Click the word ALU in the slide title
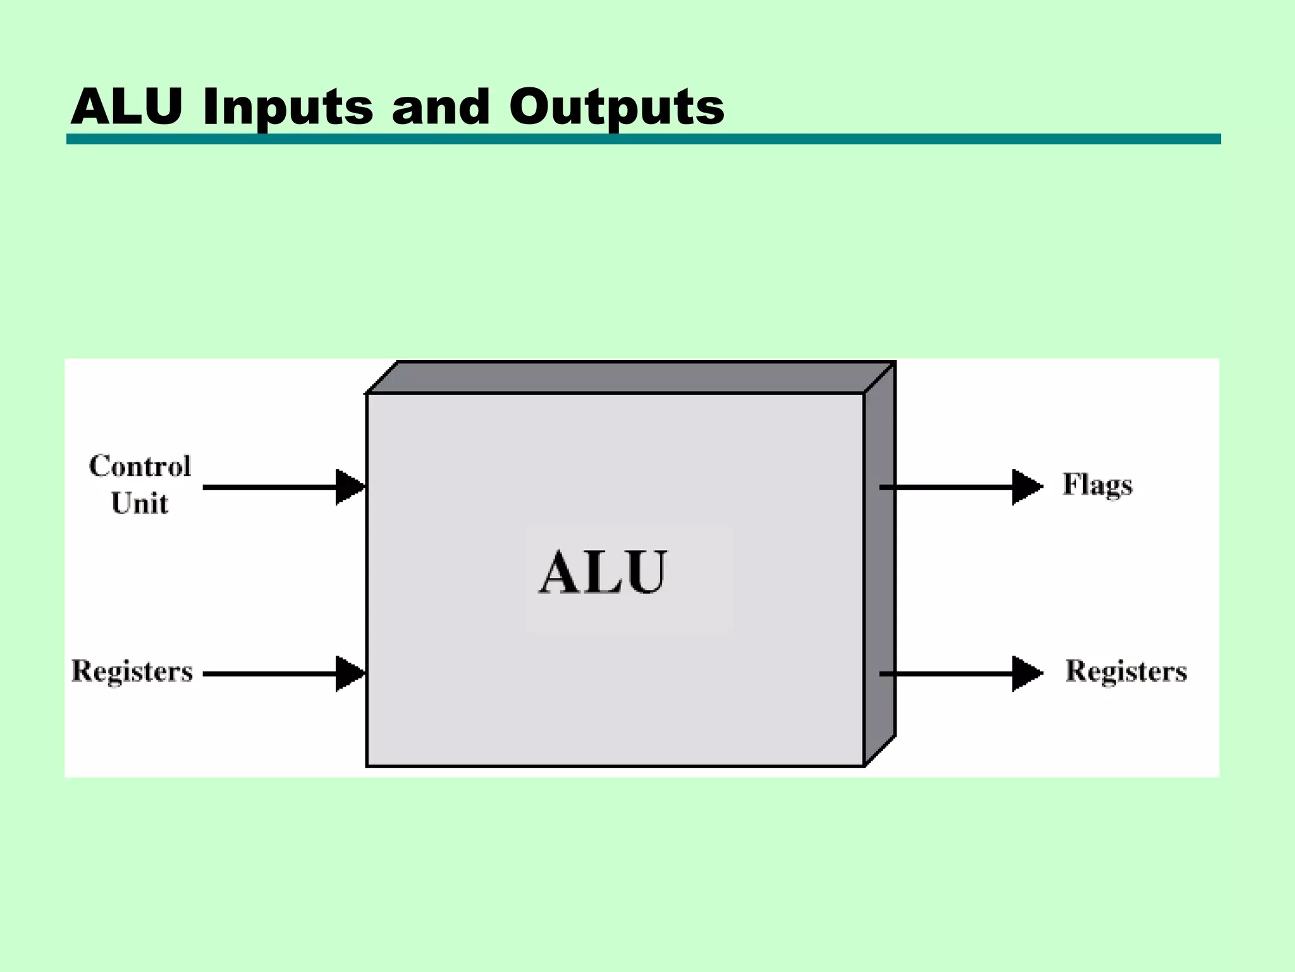point(126,106)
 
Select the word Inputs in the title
point(288,108)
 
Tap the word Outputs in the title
point(617,108)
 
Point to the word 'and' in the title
point(441,106)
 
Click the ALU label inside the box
point(602,573)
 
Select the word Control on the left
point(140,466)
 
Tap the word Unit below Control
point(140,504)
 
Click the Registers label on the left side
point(132,671)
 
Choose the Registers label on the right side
point(1126,671)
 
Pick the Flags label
point(1097,485)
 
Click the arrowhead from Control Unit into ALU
point(350,487)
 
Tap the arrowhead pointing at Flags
point(1026,487)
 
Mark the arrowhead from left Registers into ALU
point(350,674)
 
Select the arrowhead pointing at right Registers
point(1026,674)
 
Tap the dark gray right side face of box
point(880,570)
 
